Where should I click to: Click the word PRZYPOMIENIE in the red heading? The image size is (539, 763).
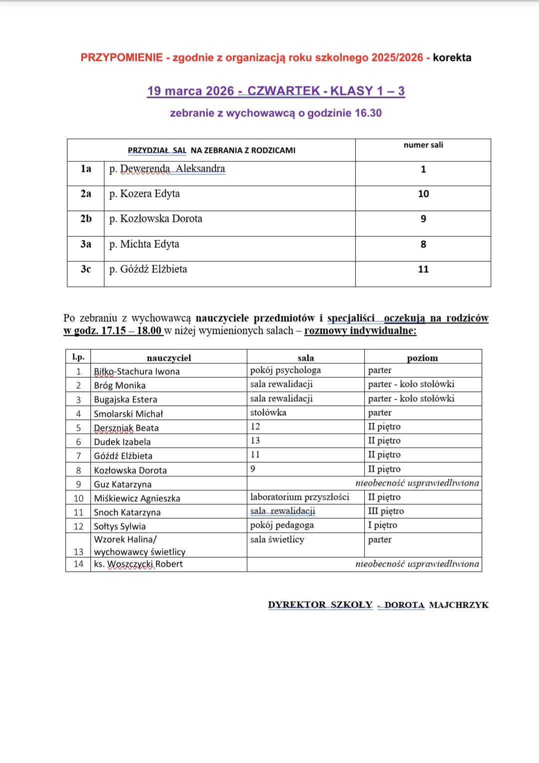(121, 57)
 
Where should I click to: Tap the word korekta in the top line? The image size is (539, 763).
(452, 57)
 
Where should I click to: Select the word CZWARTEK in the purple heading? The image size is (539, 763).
(284, 91)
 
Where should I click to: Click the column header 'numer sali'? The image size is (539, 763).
(423, 145)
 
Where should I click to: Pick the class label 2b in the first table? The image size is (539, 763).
(86, 219)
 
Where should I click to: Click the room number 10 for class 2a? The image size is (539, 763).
(423, 194)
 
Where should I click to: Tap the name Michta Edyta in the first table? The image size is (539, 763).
(149, 244)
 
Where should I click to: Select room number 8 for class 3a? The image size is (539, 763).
(423, 244)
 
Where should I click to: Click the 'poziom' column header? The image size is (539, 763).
(422, 358)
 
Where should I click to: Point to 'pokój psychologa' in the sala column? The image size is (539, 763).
(285, 370)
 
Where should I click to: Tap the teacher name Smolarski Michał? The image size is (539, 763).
(128, 414)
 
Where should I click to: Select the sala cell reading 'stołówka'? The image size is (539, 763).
(268, 413)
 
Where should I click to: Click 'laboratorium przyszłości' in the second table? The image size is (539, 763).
(300, 497)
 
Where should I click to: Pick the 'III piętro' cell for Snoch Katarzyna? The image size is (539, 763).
(386, 511)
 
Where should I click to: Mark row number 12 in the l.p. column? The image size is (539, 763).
(78, 526)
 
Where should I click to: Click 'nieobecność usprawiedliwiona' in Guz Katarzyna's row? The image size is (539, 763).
(417, 483)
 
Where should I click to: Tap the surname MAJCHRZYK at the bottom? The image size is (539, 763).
(459, 605)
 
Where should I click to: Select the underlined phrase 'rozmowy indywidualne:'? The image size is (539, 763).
(360, 331)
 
